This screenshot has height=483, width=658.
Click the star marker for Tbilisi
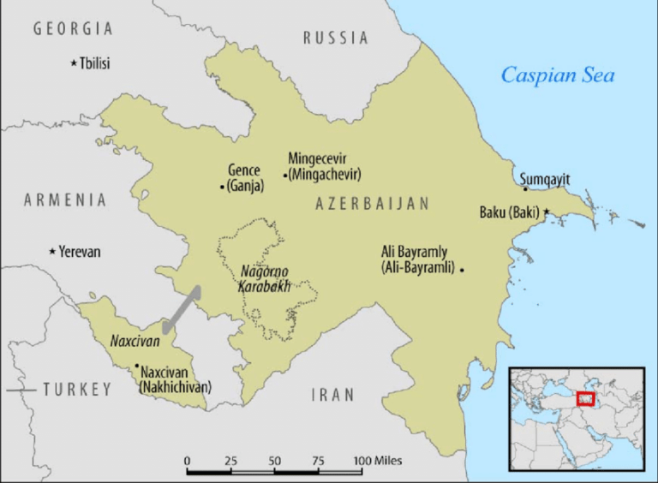(74, 63)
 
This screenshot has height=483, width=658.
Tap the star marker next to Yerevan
(53, 251)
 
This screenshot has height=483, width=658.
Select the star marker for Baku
(546, 211)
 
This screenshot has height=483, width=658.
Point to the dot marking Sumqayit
(526, 189)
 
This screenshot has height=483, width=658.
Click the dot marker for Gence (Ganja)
(223, 186)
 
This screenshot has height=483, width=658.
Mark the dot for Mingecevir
(285, 175)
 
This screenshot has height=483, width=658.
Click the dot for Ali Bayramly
(462, 270)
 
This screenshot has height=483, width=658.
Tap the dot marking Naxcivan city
(136, 366)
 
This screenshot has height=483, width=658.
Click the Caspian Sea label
(558, 75)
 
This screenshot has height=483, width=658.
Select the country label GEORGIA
(73, 29)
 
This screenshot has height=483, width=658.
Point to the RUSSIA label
(336, 38)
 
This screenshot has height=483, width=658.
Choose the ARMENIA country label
(65, 200)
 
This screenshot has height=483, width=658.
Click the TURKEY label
(77, 390)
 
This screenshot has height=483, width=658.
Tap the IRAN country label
(332, 395)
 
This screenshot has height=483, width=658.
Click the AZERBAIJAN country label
(372, 204)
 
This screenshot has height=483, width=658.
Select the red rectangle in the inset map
(585, 398)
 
